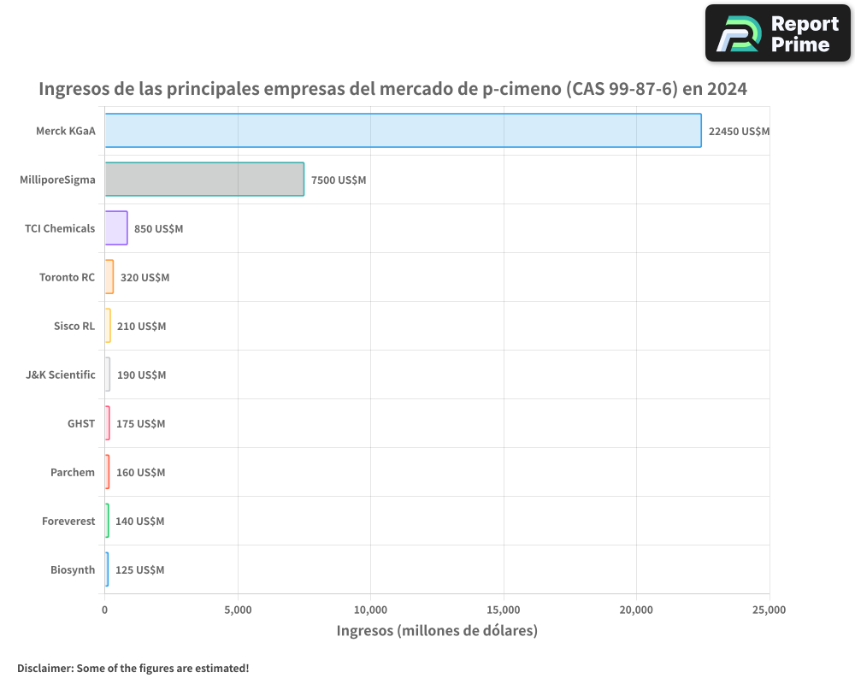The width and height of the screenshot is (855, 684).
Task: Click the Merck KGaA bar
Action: click(x=403, y=131)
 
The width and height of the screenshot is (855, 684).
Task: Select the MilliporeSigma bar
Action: click(x=204, y=180)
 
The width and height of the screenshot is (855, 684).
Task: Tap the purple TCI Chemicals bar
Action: click(x=116, y=228)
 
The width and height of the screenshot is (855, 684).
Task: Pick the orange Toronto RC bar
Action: click(x=109, y=277)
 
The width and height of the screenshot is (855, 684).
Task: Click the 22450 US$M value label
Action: click(x=739, y=131)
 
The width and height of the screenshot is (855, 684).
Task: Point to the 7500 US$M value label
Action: click(x=339, y=180)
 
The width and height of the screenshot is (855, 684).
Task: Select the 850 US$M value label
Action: click(x=158, y=228)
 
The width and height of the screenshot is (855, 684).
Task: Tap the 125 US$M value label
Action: click(x=139, y=569)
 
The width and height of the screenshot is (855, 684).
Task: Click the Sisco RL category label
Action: click(x=74, y=326)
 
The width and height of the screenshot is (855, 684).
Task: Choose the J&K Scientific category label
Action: click(x=61, y=374)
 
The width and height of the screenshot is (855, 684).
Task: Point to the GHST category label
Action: click(x=81, y=423)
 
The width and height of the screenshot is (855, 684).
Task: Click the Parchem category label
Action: click(x=73, y=472)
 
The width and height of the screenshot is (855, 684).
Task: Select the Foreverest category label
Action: click(x=68, y=521)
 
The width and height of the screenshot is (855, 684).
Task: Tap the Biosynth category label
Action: click(x=73, y=569)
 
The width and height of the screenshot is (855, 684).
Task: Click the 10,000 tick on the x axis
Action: click(x=370, y=610)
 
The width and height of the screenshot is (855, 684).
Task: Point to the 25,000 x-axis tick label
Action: click(x=769, y=610)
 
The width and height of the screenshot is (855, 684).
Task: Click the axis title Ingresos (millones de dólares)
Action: click(x=437, y=631)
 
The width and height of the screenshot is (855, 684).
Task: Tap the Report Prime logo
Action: click(x=777, y=33)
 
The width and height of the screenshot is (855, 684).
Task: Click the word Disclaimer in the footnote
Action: click(x=45, y=668)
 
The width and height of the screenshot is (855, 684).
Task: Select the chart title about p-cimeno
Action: click(x=393, y=88)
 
